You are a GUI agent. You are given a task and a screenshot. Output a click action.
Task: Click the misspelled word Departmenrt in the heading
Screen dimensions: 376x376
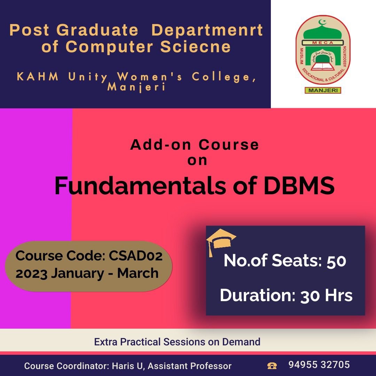[207, 30]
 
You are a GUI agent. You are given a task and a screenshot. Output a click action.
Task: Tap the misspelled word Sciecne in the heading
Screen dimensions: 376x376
[195, 46]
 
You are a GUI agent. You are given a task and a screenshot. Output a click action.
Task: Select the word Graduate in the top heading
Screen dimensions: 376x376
[97, 30]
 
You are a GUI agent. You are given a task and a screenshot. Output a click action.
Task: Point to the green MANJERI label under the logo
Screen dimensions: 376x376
[323, 91]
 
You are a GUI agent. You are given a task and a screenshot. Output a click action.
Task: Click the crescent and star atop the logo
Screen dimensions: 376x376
[322, 22]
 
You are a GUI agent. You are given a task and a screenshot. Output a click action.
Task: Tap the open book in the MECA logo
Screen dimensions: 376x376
[323, 66]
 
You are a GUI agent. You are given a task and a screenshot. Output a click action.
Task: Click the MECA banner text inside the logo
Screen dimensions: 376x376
[323, 43]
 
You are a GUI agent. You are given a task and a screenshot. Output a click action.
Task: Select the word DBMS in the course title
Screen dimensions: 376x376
[299, 186]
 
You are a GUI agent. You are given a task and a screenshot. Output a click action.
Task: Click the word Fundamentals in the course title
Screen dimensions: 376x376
[140, 186]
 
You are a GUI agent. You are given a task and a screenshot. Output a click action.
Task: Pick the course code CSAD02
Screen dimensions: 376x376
[136, 256]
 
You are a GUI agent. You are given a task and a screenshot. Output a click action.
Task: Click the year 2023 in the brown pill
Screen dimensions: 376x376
[31, 273]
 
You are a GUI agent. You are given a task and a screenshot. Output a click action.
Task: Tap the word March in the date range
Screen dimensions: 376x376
[138, 273]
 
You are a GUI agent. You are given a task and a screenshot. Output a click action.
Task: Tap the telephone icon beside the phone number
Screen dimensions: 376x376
[272, 366]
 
